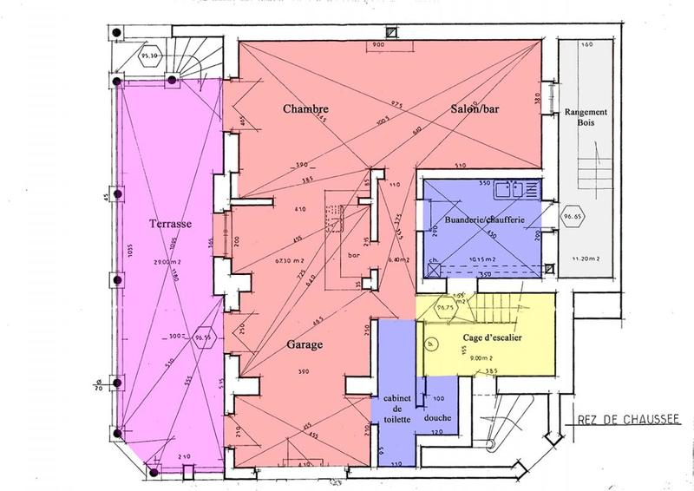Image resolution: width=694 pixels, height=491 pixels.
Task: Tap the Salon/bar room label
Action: coord(478,109)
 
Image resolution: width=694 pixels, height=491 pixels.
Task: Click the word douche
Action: coord(436,416)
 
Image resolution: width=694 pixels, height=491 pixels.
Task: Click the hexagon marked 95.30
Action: coord(149,58)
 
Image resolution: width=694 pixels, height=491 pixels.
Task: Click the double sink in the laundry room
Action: coord(522,187)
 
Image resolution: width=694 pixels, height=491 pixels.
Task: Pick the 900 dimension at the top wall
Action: coord(378,43)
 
